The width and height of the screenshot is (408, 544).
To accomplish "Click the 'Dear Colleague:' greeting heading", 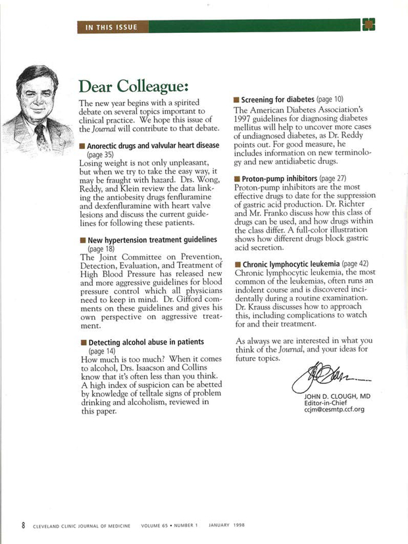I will (x=134, y=87).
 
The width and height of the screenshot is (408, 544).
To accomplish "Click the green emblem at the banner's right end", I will (x=369, y=26).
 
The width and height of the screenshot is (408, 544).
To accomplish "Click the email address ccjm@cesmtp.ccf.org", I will (x=334, y=410).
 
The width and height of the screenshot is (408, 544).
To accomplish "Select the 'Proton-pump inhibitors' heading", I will (x=278, y=178).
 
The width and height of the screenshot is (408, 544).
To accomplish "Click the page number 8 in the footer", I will (x=23, y=525).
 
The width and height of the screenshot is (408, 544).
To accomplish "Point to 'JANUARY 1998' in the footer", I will (x=226, y=526).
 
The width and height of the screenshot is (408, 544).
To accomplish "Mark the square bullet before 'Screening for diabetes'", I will (x=236, y=99).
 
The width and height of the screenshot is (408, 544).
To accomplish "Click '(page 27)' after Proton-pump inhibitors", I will (x=332, y=178).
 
